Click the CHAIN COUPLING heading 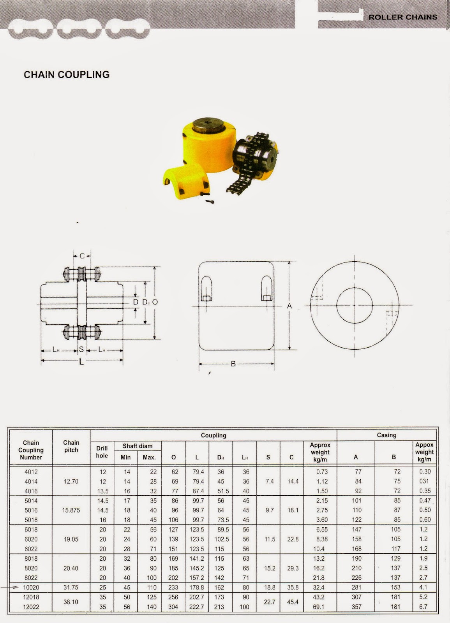[67, 75]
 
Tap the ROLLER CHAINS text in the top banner [403, 17]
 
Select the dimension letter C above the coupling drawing [82, 256]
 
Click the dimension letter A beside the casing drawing [289, 306]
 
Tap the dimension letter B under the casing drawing [233, 364]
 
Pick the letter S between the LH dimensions [81, 350]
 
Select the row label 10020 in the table [31, 588]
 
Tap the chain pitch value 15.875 [71, 510]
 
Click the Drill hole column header [102, 452]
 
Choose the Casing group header [386, 435]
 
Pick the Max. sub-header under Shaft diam [149, 458]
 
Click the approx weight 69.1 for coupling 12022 [319, 607]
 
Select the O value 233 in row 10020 [173, 588]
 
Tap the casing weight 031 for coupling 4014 [424, 481]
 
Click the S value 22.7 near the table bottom [270, 602]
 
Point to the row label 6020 [31, 539]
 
